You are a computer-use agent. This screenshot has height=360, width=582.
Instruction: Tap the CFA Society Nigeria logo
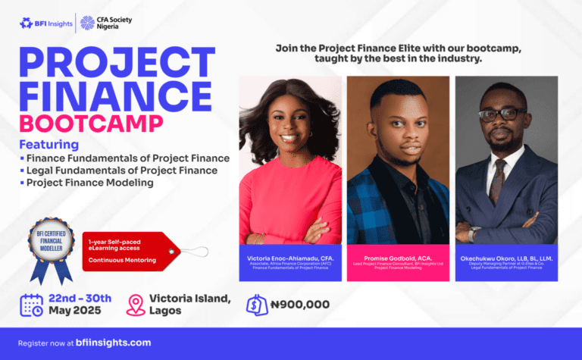click(x=106, y=23)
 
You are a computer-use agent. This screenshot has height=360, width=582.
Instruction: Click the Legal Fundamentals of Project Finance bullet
click(x=121, y=171)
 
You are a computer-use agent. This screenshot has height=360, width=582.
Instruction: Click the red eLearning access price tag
click(x=129, y=249)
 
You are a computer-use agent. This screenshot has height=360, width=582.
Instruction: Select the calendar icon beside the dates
click(x=31, y=305)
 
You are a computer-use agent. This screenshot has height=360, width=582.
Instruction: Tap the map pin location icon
click(x=136, y=305)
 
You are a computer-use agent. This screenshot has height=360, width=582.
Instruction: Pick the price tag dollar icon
click(x=257, y=305)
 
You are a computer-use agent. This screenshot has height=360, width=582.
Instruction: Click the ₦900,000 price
click(x=299, y=305)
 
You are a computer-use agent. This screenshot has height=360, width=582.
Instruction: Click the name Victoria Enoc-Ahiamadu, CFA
click(x=290, y=258)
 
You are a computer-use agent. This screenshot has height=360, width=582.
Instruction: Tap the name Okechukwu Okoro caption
click(x=506, y=258)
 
